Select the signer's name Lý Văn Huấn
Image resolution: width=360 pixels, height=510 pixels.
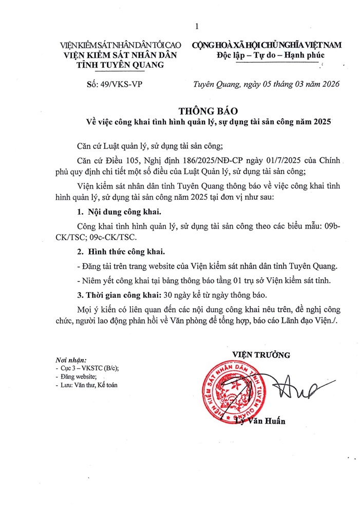pyautogui.click(x=260, y=422)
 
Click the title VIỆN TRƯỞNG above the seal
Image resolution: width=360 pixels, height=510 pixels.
pyautogui.click(x=261, y=354)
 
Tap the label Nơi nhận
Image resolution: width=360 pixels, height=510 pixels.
pyautogui.click(x=71, y=360)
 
